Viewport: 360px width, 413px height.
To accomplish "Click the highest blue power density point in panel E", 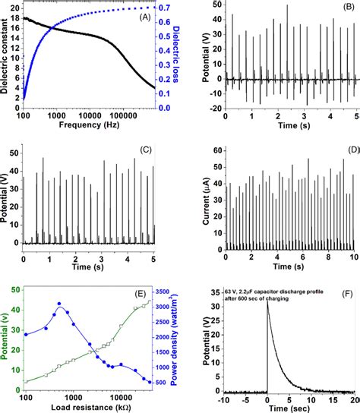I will (59, 304).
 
